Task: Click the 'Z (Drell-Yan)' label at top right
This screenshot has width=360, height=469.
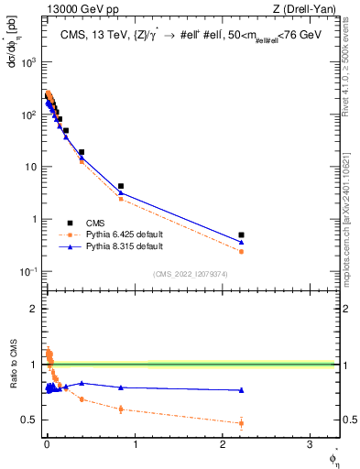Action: click(x=308, y=10)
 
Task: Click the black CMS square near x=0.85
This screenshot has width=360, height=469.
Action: click(x=121, y=186)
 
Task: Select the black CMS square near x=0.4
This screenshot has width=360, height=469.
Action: click(x=82, y=152)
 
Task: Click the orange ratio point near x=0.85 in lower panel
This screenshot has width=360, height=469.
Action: click(x=121, y=409)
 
